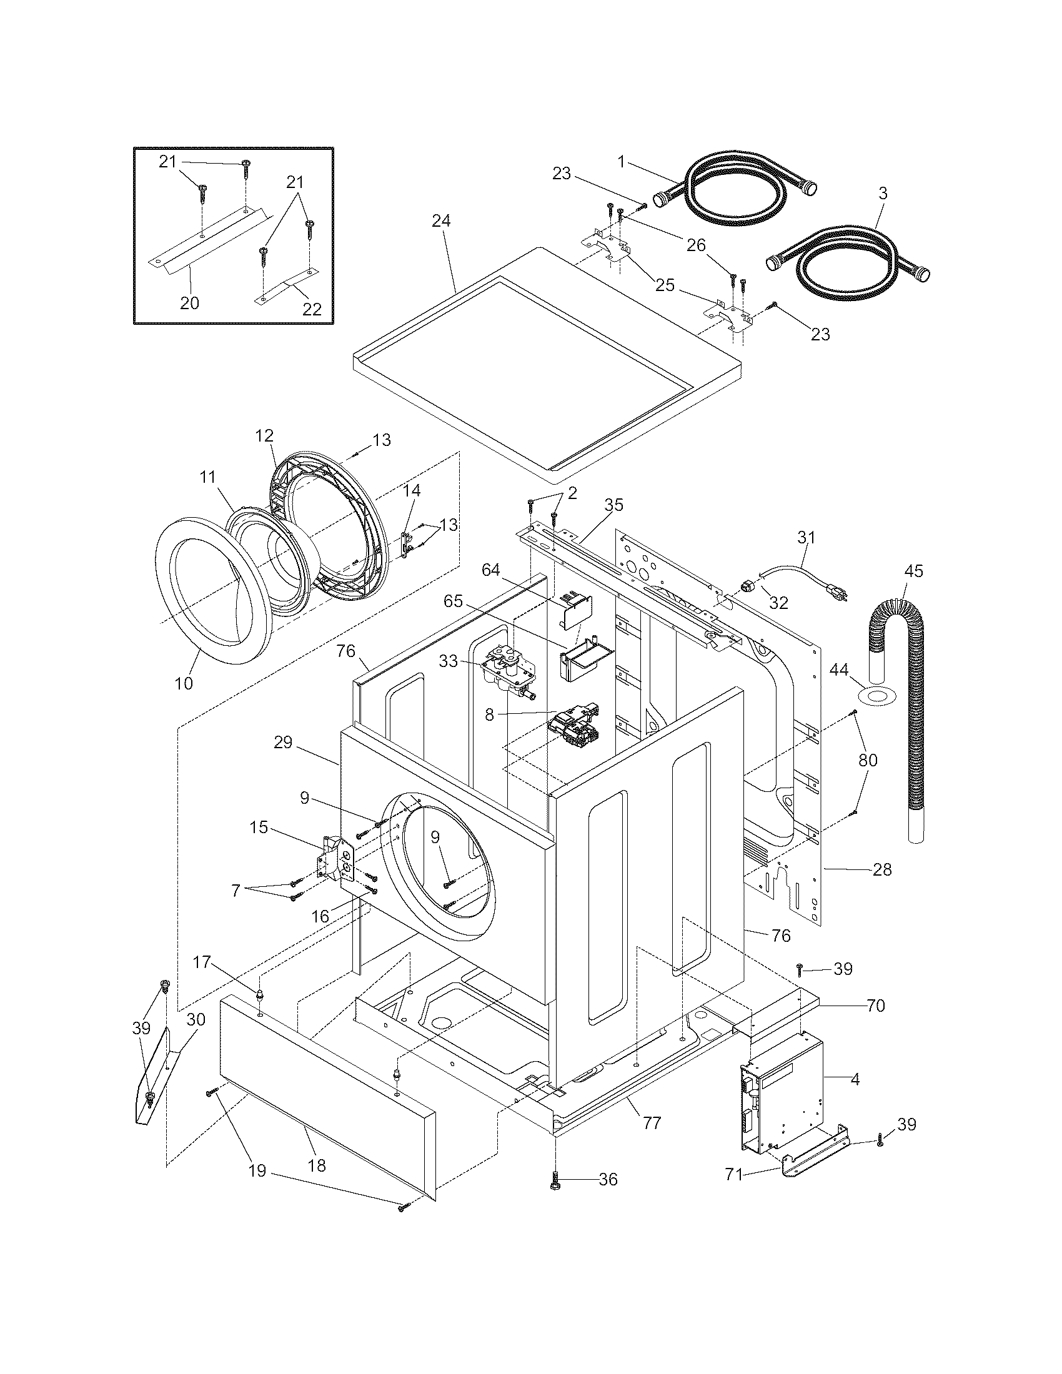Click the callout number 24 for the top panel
point(442,222)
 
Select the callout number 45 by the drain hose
point(913,571)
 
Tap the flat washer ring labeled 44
point(876,696)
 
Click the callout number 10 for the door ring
point(184,683)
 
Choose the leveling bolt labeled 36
point(556,1179)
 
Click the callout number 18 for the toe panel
point(317,1166)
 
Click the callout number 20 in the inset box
point(189,304)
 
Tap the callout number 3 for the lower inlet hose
point(883,194)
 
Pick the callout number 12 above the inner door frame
point(265,435)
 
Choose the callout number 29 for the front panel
point(283,743)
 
